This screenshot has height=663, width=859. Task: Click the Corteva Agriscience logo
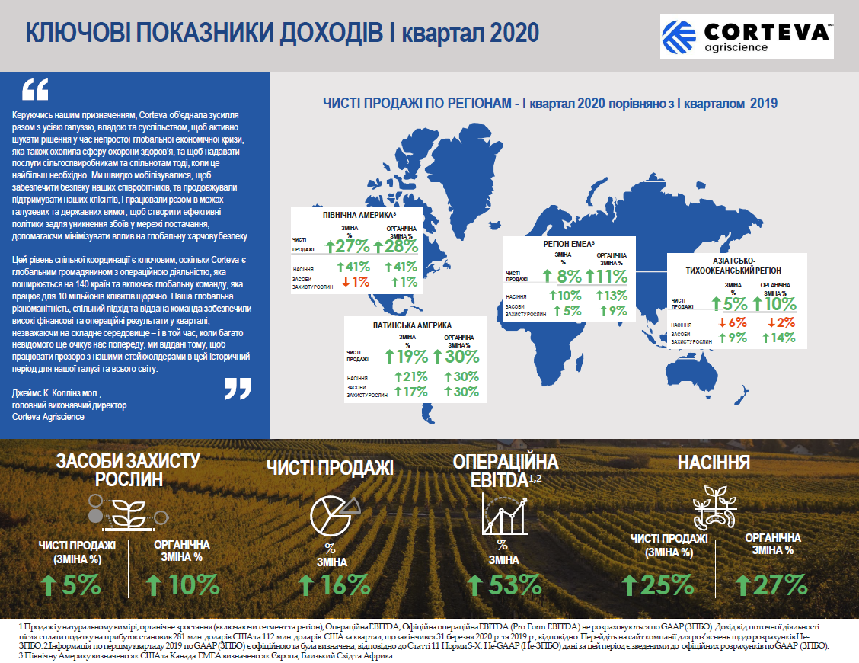tap(747, 37)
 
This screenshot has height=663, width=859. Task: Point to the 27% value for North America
tap(347, 245)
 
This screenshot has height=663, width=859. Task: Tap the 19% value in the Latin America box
tap(407, 356)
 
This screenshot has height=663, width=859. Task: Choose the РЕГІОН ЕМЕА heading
tap(568, 244)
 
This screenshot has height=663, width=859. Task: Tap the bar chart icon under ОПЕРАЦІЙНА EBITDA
tap(503, 513)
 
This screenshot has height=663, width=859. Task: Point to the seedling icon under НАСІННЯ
tap(714, 507)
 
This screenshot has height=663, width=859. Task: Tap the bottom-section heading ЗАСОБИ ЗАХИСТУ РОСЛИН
tap(129, 469)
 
